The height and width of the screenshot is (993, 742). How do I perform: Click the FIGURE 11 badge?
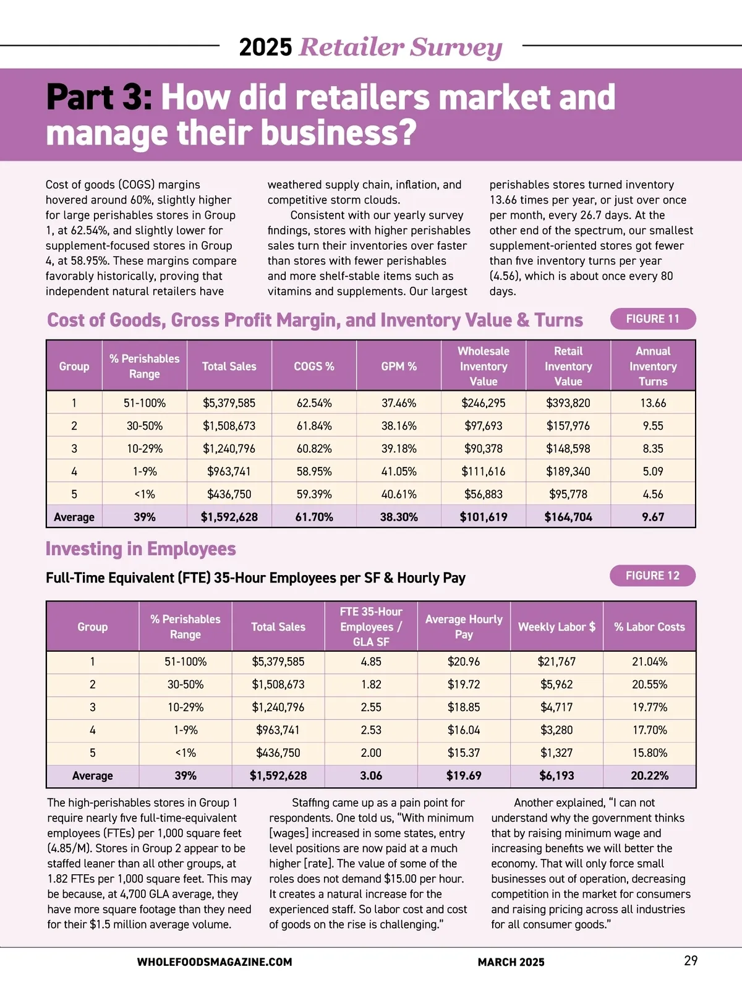pos(652,319)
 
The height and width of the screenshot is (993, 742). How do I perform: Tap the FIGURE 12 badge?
pos(652,576)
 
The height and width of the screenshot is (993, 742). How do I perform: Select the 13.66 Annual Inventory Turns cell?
pos(653,403)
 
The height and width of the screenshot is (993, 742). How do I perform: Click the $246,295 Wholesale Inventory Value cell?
pos(483,403)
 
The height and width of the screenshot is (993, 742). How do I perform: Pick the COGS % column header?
pos(314,366)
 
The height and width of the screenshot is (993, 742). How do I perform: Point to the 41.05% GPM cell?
pos(399,471)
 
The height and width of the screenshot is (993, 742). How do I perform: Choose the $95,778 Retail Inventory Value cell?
pos(568,494)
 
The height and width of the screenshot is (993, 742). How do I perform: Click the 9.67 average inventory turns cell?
pos(653,517)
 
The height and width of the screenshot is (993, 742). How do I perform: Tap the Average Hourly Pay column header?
pos(464,626)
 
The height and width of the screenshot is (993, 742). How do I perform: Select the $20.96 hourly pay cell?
pos(464,662)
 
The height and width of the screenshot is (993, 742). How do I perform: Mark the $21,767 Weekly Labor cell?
pos(556,662)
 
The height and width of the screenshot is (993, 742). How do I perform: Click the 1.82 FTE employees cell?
pos(371,684)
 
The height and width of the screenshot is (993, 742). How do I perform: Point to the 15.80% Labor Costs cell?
pos(649,752)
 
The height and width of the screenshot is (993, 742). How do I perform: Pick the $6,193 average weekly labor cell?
pos(556,775)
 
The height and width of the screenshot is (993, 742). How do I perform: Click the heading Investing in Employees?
pos(141,549)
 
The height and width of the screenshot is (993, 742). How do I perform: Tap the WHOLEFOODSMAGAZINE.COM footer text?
pos(215,962)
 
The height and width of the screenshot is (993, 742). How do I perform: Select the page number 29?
pos(691,961)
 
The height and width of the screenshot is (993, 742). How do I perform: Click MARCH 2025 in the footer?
pos(511,962)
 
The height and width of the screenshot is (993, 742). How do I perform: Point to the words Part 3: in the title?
pos(99,98)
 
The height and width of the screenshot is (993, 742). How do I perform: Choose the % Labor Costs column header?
pos(649,626)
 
